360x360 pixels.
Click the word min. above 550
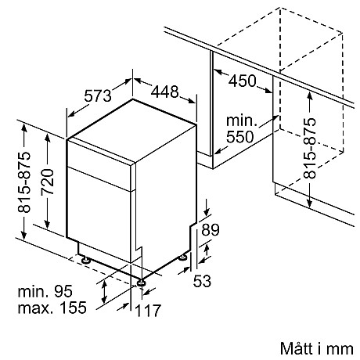pos(243,121)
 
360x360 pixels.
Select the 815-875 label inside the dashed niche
pos(311,149)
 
